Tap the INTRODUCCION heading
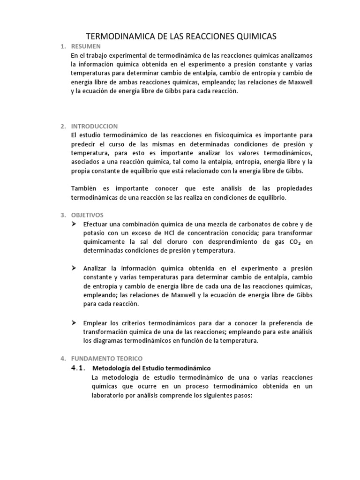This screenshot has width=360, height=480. [94, 126]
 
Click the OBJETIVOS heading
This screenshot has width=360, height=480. [87, 215]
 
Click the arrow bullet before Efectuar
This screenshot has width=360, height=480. [74, 224]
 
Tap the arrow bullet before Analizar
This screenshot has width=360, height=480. [74, 268]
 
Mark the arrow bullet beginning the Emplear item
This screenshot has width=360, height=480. [74, 323]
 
